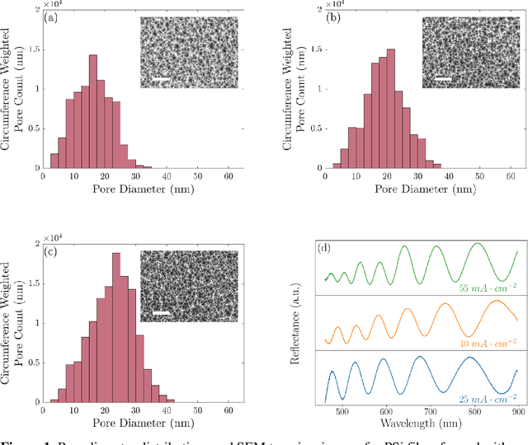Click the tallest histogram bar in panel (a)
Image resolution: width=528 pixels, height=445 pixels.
(x=92, y=112)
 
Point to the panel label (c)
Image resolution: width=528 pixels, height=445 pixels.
(x=51, y=252)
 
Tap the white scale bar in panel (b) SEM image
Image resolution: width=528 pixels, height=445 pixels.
(x=443, y=80)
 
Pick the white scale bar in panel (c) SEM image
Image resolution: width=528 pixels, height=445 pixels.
(x=162, y=314)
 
